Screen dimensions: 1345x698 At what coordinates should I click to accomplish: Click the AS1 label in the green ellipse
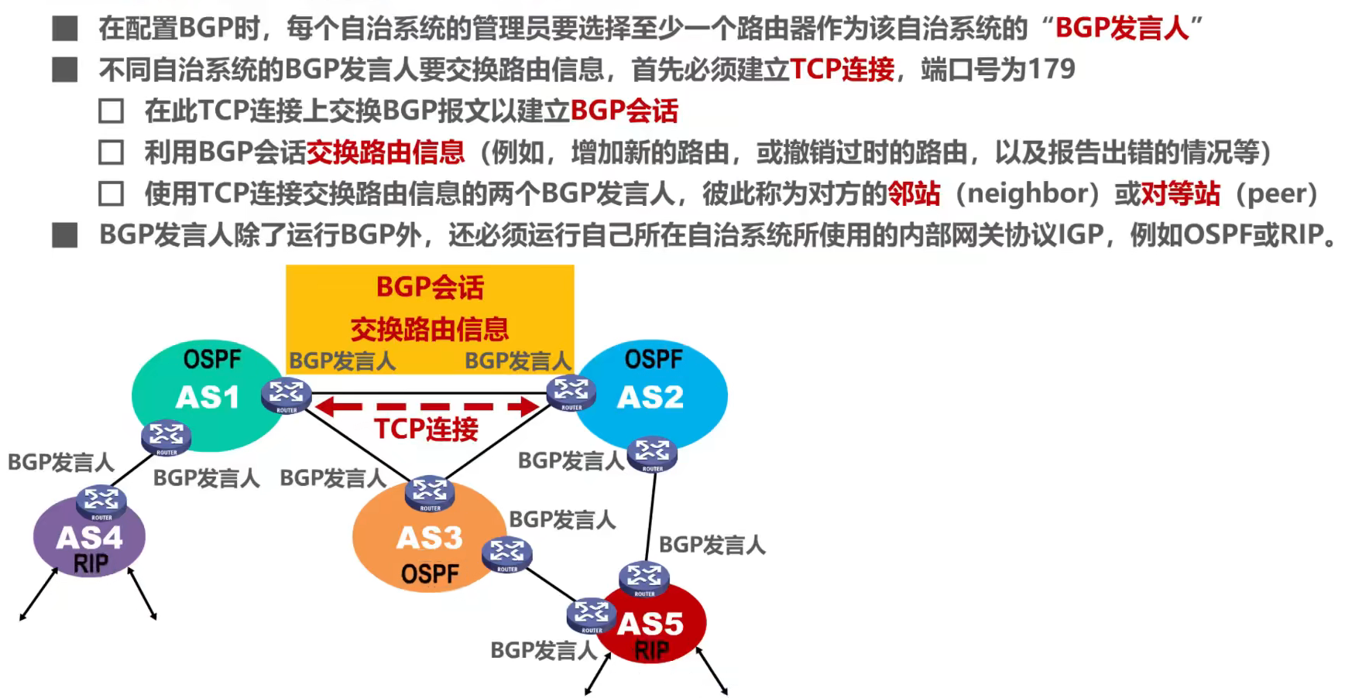(208, 398)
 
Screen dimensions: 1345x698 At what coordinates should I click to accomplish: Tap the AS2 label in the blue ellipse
(650, 398)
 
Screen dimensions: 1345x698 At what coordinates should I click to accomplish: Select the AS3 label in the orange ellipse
(429, 538)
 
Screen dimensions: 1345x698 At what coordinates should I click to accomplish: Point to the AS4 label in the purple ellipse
(89, 538)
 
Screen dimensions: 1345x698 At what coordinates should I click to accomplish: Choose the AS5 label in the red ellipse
(650, 623)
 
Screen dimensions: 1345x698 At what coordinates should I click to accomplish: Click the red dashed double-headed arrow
(428, 406)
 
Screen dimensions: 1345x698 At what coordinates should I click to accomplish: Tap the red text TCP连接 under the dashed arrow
(426, 429)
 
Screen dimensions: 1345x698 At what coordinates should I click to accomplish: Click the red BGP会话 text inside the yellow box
(430, 288)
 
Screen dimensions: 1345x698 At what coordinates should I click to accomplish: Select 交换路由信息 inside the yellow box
(430, 330)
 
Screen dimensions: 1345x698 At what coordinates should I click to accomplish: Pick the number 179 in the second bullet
(1051, 70)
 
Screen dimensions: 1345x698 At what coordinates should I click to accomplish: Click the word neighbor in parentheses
(1028, 193)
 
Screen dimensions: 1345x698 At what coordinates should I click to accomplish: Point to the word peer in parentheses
(1277, 193)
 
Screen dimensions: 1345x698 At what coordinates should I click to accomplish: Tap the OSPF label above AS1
(212, 360)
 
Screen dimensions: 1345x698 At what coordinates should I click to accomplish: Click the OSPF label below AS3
(430, 574)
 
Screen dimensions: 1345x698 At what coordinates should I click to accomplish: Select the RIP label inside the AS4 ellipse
(91, 563)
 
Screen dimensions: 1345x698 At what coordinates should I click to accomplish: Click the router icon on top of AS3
(430, 493)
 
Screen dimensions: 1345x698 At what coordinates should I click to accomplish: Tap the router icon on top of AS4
(101, 502)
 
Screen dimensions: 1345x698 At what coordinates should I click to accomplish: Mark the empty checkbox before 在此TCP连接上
(112, 111)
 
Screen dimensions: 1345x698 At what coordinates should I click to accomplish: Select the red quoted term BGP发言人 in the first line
(1122, 29)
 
